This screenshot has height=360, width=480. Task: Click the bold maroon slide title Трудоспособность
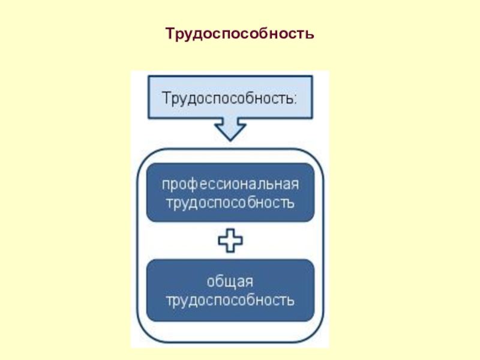coord(240,32)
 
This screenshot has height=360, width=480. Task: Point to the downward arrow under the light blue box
coord(230,129)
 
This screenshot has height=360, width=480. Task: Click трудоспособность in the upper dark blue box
coord(230,202)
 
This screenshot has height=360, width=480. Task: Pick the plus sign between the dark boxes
coord(230,241)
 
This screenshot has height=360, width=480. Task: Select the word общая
coord(230,281)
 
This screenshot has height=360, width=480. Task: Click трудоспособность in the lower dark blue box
coord(230,299)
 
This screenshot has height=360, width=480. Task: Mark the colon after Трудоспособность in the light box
coord(294,98)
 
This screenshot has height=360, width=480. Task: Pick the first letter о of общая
coord(211,281)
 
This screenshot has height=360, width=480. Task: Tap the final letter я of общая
coord(249,281)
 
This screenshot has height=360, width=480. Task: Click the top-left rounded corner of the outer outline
coord(144,157)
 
